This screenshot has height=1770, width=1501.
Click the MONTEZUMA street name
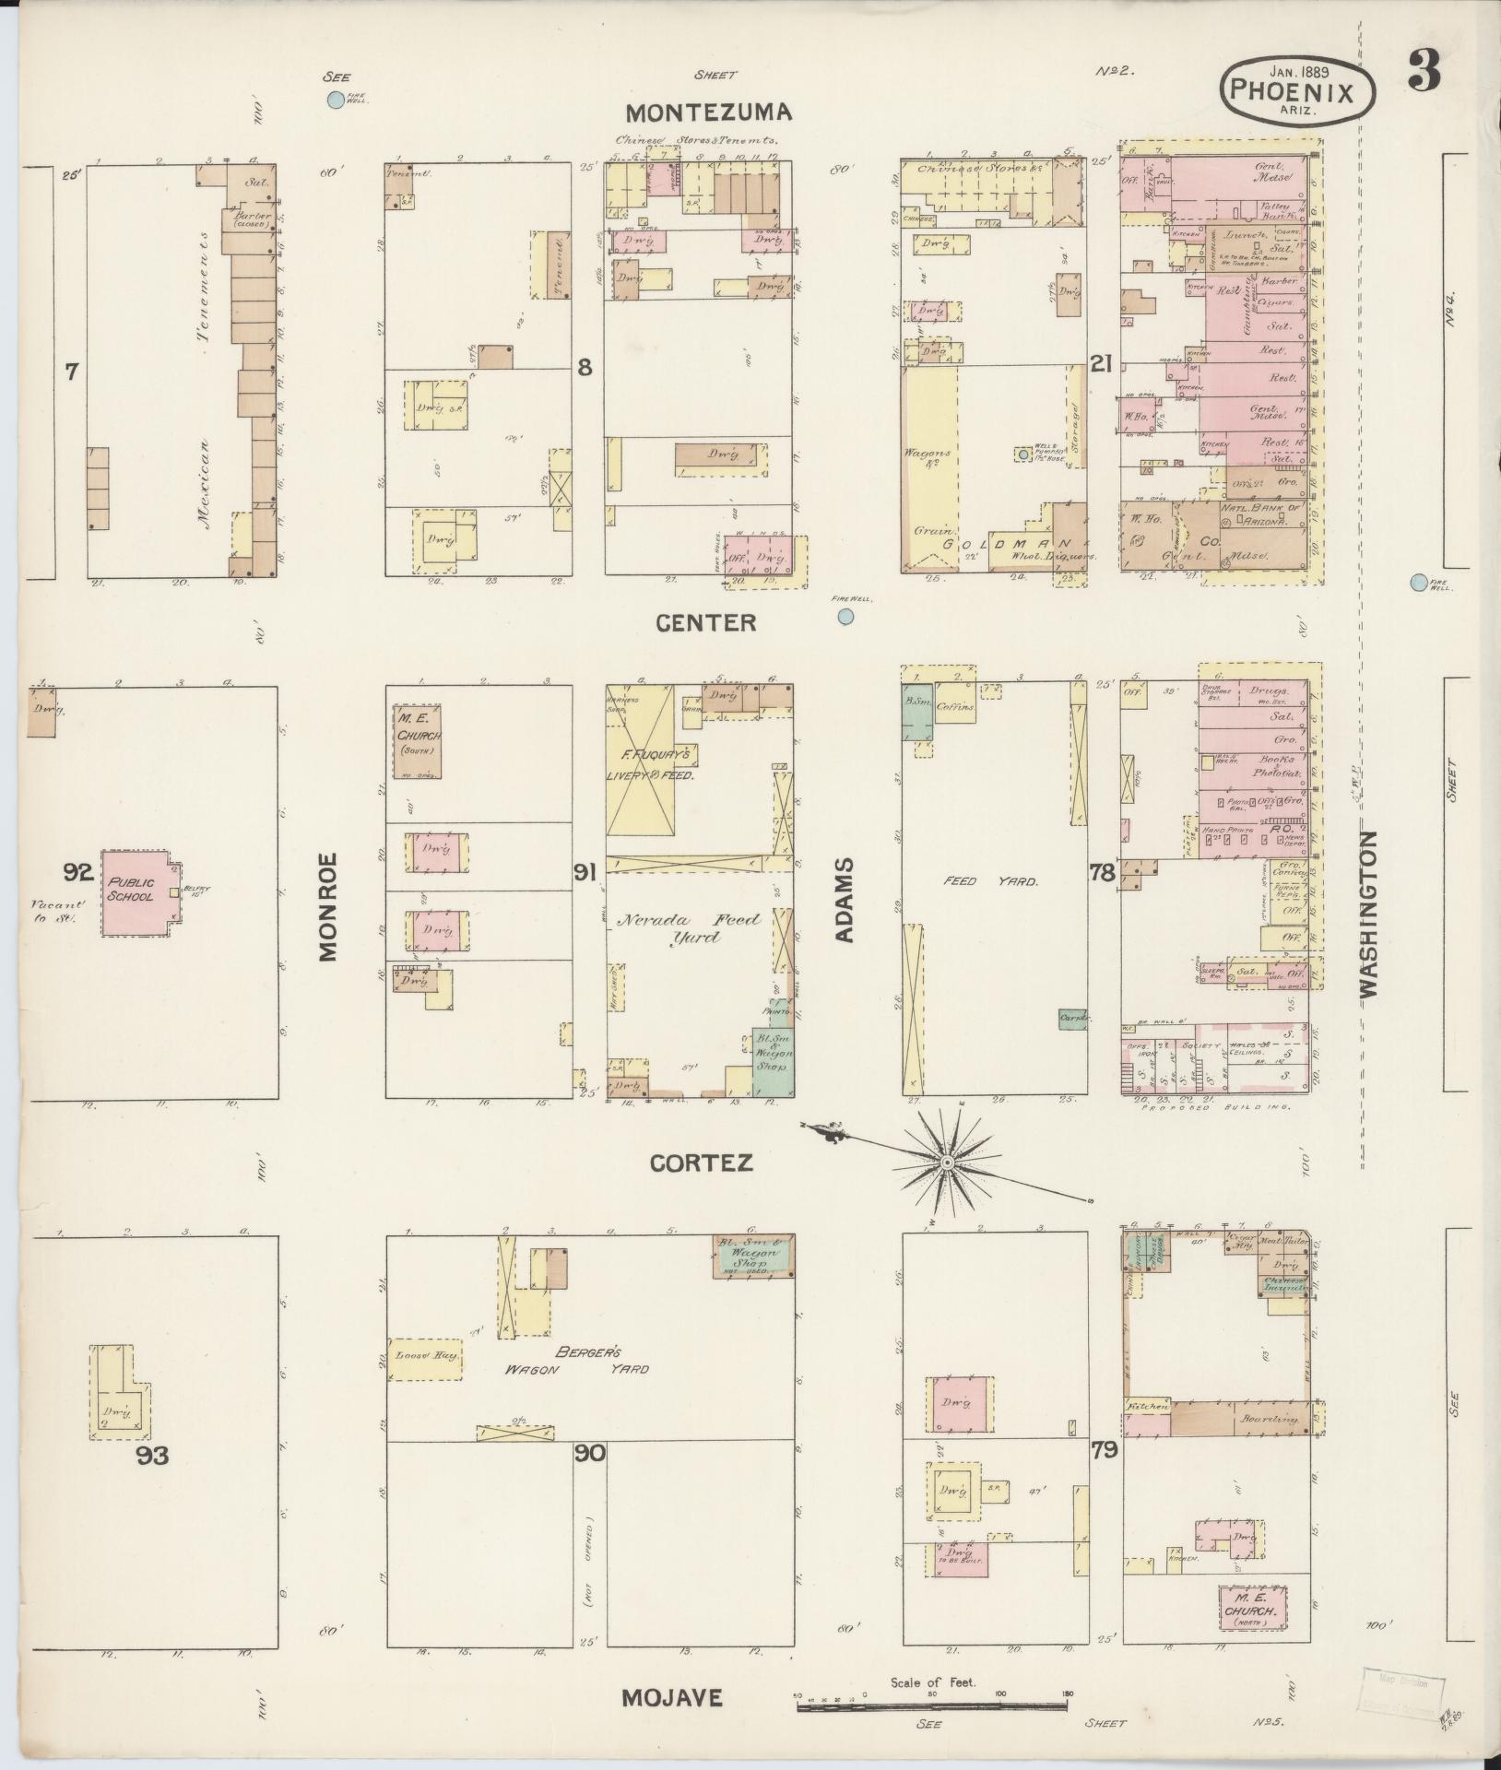pos(708,112)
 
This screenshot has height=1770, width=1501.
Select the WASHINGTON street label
pos(1367,913)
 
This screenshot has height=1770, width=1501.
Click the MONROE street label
pos(329,906)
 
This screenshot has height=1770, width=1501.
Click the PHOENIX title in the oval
pos(1298,91)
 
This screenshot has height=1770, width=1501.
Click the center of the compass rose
pos(946,1163)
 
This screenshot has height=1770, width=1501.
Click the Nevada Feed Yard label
pos(688,928)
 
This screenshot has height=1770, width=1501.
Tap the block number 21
pos(1103,365)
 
